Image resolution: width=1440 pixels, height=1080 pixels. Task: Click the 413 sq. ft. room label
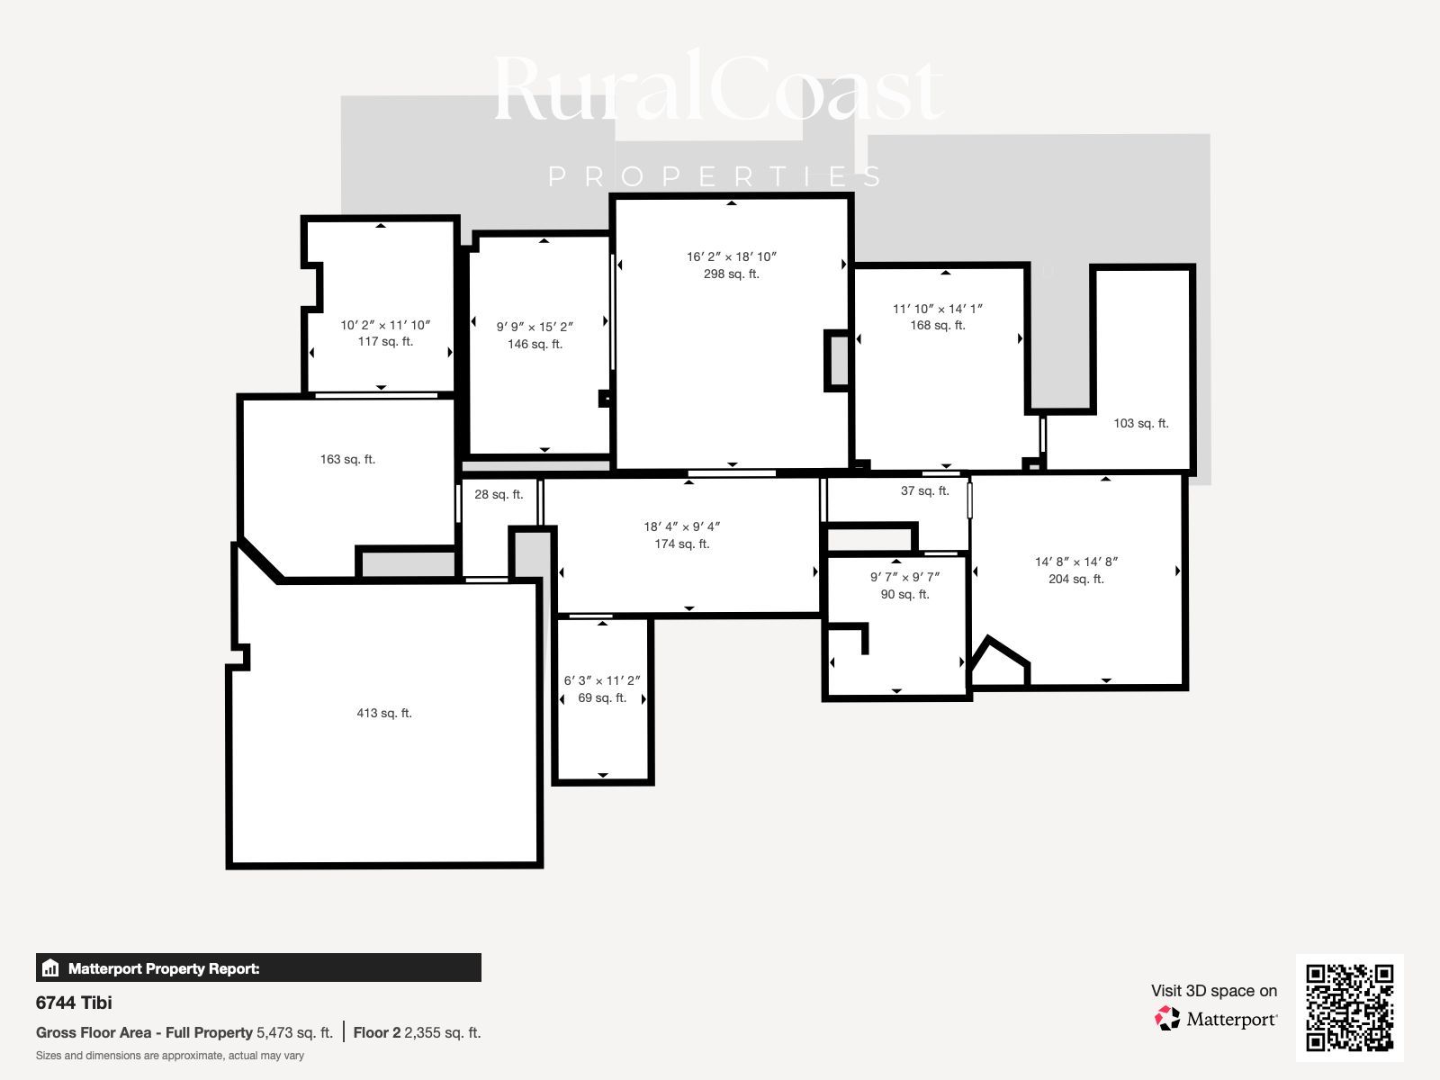point(383,713)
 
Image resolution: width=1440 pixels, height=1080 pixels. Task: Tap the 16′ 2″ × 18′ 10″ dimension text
point(732,256)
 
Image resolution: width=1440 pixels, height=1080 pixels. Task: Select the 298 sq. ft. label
point(732,274)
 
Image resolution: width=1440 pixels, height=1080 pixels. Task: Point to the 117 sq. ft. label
point(385,341)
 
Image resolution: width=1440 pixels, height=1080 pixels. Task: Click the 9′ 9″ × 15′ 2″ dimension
point(535,327)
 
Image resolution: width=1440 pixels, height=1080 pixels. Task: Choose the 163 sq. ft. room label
point(347,459)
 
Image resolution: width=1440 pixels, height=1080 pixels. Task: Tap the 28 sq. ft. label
point(499,494)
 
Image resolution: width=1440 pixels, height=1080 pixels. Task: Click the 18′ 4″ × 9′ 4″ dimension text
point(681,526)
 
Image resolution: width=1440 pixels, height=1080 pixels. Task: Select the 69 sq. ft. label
point(602,697)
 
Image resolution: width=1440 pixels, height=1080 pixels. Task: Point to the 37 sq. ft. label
point(925,490)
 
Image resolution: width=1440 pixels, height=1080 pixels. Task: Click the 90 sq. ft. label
point(904,594)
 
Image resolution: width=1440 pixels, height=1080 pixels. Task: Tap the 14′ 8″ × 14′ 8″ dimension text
point(1075,562)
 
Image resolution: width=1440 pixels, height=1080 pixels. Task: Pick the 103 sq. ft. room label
point(1141,423)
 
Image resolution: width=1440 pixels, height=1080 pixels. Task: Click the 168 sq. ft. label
point(938,325)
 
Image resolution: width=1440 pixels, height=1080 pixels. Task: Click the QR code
point(1349,1008)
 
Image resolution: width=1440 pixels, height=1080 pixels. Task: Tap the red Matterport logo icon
point(1167,1019)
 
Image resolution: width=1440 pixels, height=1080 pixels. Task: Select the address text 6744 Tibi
point(74,1003)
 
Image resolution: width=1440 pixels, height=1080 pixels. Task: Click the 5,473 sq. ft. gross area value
point(294,1033)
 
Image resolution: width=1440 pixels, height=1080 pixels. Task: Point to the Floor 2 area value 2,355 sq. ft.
point(442,1033)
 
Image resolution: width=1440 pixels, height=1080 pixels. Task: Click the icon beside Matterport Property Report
point(50,967)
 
